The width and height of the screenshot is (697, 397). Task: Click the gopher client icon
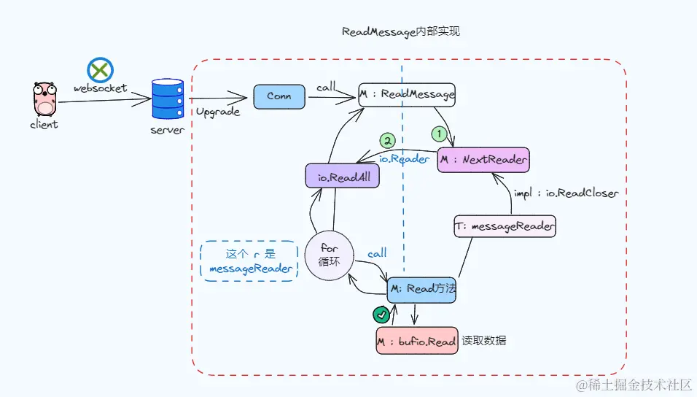(44, 99)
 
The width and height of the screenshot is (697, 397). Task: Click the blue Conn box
(279, 96)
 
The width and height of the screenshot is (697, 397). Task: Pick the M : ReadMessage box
(407, 94)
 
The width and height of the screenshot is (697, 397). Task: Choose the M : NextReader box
(483, 159)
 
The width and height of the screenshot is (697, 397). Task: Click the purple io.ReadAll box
(342, 177)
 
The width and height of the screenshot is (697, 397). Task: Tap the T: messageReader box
(505, 227)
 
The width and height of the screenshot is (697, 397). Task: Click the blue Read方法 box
(421, 289)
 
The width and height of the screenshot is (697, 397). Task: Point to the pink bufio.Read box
(416, 341)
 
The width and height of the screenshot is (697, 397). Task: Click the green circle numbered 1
(439, 134)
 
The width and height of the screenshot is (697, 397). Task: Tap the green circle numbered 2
(389, 139)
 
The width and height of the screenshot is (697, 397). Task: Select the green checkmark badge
(381, 315)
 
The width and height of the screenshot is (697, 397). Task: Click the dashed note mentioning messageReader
(249, 261)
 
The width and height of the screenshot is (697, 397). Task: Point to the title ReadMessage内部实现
(401, 32)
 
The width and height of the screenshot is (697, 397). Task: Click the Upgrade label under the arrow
(217, 112)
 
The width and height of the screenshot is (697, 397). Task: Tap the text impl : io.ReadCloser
(566, 193)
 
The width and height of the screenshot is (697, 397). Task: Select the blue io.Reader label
(405, 158)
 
